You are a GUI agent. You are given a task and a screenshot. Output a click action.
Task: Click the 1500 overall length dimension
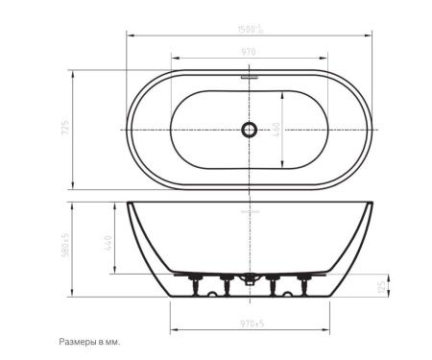[252, 31]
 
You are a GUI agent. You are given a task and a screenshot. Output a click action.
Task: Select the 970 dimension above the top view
[251, 53]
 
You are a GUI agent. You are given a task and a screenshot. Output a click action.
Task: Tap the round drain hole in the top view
[252, 129]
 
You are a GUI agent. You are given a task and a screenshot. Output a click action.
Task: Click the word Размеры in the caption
[79, 341]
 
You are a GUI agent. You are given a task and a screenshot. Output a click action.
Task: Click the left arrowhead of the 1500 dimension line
[130, 36]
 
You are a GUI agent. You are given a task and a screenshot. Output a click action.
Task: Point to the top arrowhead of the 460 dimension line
[282, 91]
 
